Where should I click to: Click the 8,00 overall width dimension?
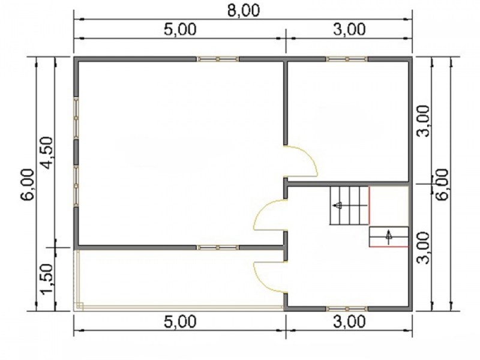click(244, 10)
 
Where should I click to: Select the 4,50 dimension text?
click(47, 152)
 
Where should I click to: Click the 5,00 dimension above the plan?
click(179, 29)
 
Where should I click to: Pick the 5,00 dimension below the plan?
click(179, 322)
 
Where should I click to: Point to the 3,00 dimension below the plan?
click(349, 322)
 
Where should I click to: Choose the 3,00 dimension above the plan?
click(349, 29)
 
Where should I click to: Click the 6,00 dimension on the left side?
click(27, 184)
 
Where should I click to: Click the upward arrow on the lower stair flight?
click(389, 236)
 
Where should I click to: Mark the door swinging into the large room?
click(269, 214)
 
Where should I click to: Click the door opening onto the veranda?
click(269, 277)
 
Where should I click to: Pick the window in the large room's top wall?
click(218, 59)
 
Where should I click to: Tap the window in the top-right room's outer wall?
click(347, 59)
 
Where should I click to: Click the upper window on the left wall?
click(76, 118)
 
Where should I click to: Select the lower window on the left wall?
click(76, 186)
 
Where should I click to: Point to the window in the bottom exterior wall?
click(347, 308)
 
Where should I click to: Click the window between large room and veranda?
click(218, 247)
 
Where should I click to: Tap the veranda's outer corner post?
click(79, 307)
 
